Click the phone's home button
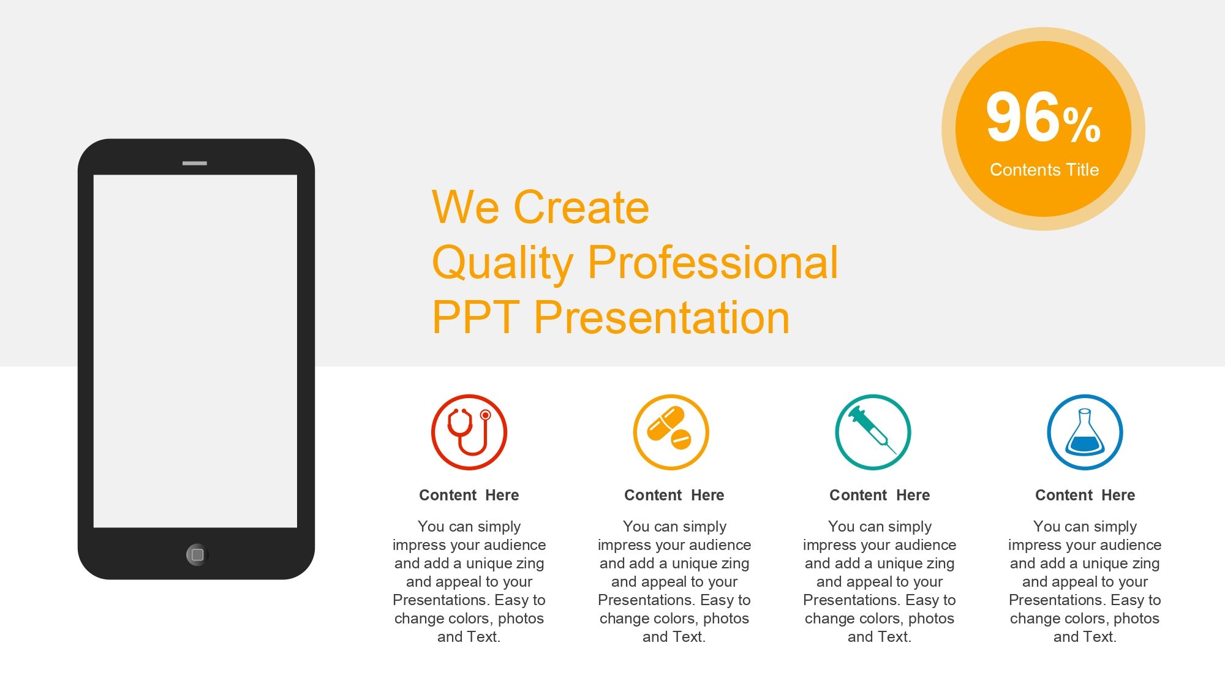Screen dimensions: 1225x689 click(197, 555)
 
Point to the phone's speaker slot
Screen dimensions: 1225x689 click(195, 163)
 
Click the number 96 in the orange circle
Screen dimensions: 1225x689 click(1022, 117)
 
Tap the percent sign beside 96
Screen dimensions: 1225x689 click(1082, 126)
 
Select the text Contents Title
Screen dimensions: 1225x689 click(1044, 170)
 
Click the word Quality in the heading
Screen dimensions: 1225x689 click(502, 263)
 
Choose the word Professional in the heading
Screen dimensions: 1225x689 click(713, 262)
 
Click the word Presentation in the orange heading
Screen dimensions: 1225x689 click(662, 317)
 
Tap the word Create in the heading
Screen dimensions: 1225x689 click(581, 207)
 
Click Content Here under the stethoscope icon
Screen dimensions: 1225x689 click(469, 495)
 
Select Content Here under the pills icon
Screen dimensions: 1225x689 click(674, 495)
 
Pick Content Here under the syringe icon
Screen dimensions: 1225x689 click(880, 495)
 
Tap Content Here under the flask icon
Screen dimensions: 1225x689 click(1085, 495)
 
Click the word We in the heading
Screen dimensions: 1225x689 click(466, 207)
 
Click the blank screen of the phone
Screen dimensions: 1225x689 click(195, 351)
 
